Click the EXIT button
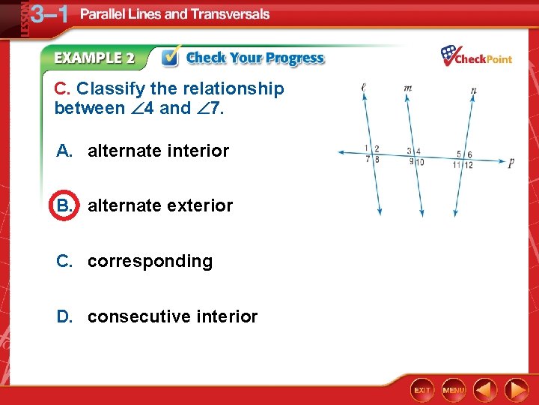point(423,390)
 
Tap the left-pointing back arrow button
point(486,390)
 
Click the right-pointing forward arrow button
point(516,390)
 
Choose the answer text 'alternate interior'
point(158,151)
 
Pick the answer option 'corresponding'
point(150,261)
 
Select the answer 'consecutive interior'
point(172,316)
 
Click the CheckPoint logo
point(476,56)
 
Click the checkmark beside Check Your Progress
point(171,57)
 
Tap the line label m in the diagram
point(407,88)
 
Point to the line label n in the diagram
point(473,91)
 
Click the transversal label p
point(511,163)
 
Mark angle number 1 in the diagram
point(366,148)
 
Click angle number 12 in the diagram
point(469,165)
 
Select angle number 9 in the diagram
point(411,160)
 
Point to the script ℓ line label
point(363,88)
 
